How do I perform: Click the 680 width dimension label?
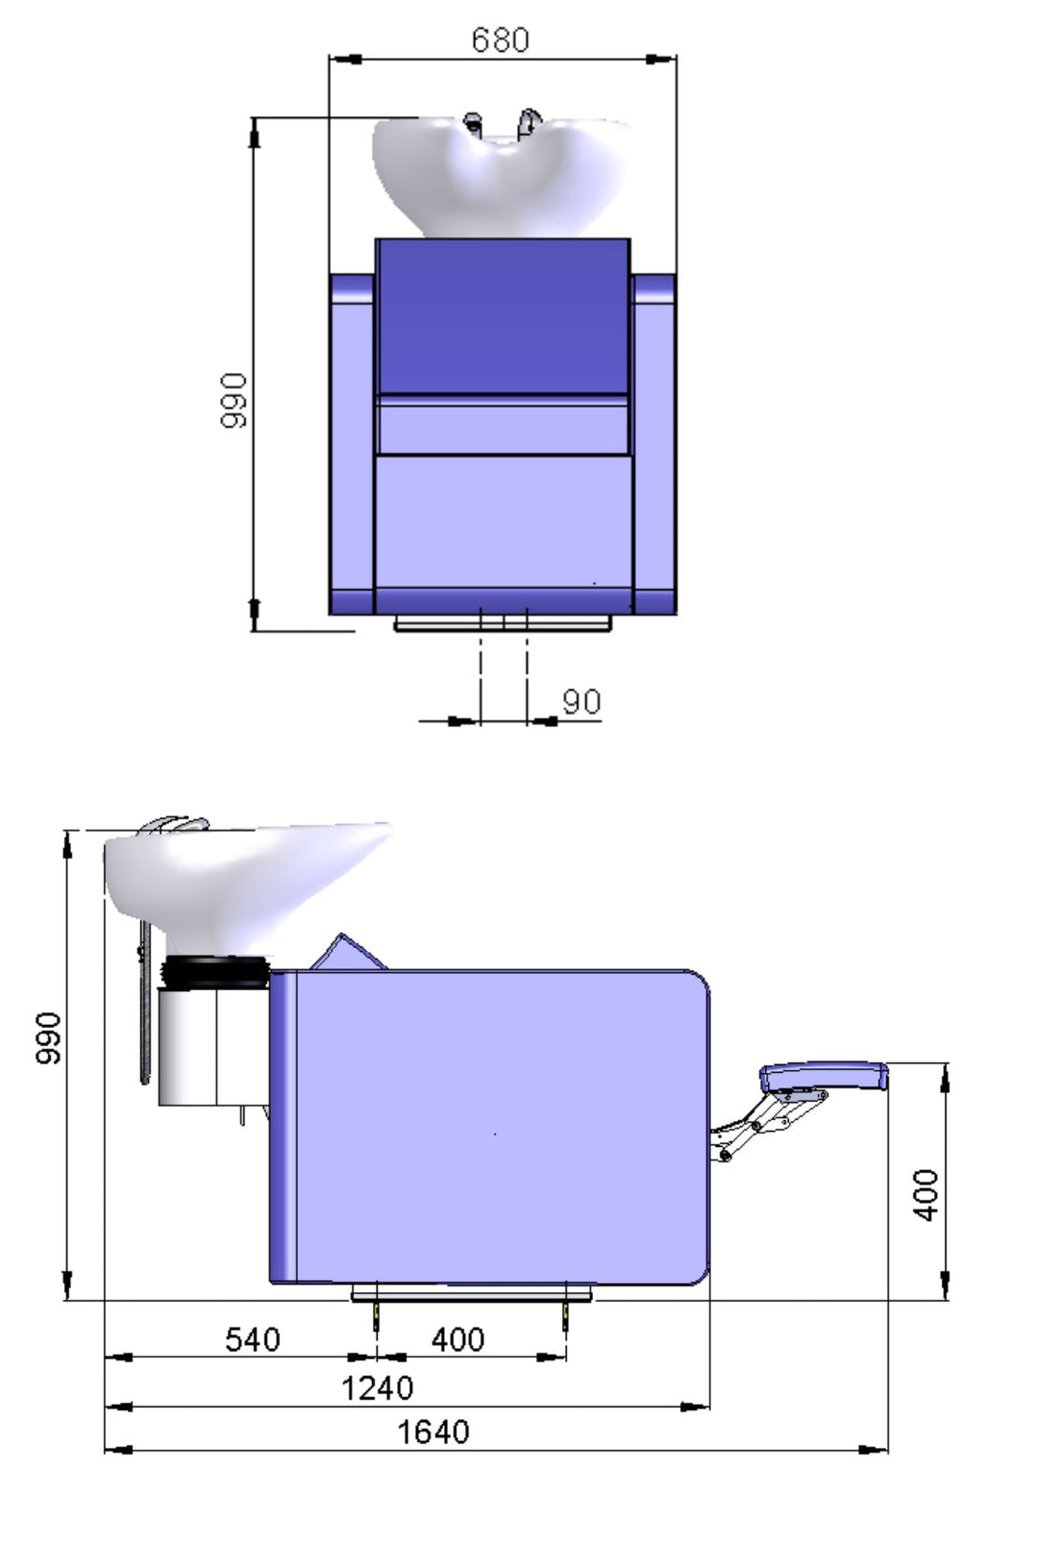[x=500, y=39]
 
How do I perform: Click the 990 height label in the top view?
[x=234, y=401]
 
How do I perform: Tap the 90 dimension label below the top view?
[x=581, y=702]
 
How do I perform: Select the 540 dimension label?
[x=252, y=1339]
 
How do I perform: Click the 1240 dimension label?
[x=377, y=1388]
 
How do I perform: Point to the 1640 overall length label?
[x=433, y=1433]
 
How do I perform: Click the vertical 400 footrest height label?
[x=925, y=1195]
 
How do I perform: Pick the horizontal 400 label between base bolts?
[x=457, y=1339]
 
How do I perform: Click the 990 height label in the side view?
[x=48, y=1038]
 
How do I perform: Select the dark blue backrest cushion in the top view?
[x=503, y=317]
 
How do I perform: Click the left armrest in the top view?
[x=351, y=442]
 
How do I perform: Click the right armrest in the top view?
[x=655, y=442]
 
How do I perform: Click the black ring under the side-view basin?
[x=215, y=973]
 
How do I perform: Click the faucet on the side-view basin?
[x=173, y=827]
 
